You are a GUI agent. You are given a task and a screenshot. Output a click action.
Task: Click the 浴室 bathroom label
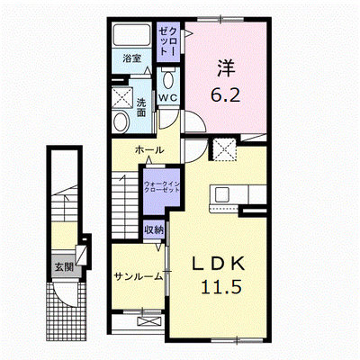pos(132,58)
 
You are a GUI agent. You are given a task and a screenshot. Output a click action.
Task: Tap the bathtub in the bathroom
pos(131,35)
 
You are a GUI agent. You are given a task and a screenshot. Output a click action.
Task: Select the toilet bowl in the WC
pos(168,78)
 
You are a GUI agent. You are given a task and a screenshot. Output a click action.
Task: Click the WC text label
pos(168,97)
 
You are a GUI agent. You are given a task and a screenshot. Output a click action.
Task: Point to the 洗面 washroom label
pos(141,108)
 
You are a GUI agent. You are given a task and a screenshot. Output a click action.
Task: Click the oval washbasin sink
pos(121,121)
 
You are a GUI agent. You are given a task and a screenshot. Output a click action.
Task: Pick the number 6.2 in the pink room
pos(225,95)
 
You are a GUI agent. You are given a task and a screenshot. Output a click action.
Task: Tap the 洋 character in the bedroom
pos(226,68)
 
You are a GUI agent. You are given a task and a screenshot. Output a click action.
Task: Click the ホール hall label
pos(149,149)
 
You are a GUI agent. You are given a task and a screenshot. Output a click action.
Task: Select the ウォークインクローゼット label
pos(162,186)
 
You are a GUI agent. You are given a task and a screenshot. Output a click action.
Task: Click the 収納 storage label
pos(154,229)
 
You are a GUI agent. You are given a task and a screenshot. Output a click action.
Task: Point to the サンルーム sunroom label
pos(139,276)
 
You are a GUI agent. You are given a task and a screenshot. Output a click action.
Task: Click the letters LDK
pos(218,264)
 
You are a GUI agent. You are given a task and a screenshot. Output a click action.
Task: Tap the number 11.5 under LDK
pos(221,287)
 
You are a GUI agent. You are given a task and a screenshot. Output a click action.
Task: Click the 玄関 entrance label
pos(64,266)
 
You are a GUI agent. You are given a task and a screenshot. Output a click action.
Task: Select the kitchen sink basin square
pos(222,194)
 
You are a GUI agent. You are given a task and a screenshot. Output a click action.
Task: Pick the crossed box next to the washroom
pos(122,97)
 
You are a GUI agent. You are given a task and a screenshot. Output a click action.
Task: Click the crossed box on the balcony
pos(149,321)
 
